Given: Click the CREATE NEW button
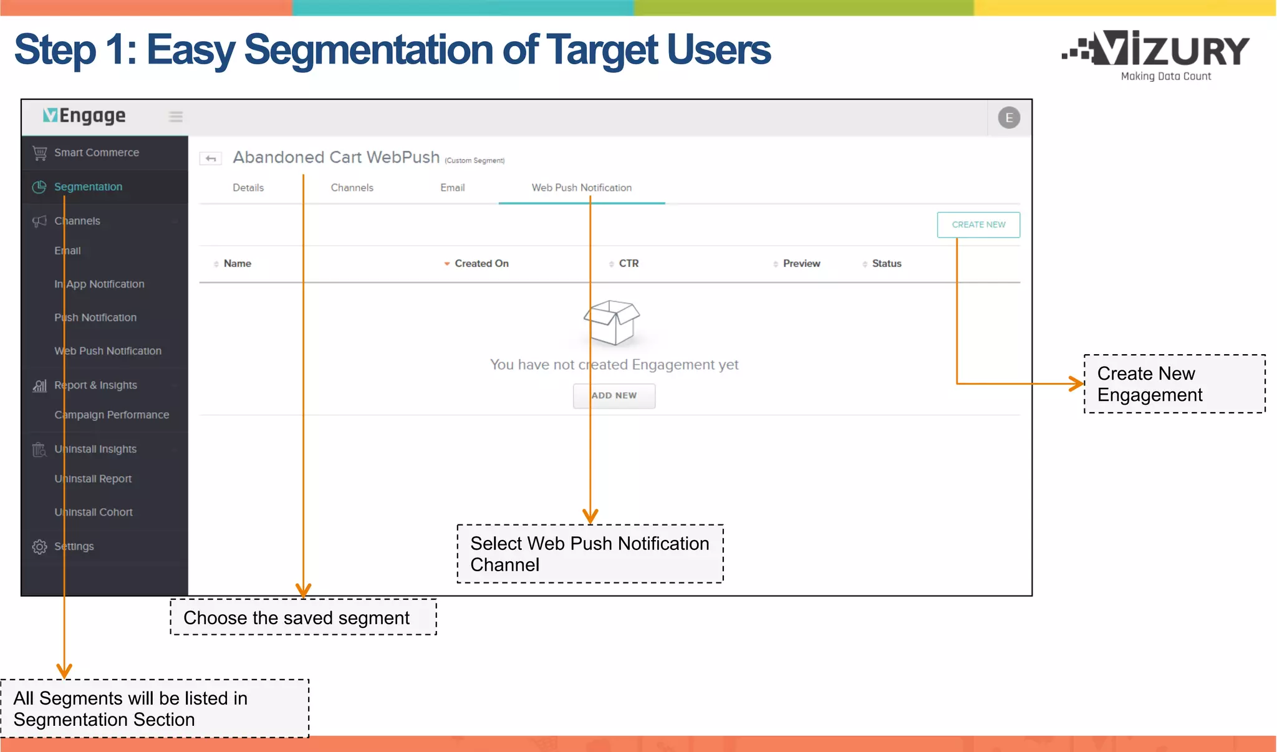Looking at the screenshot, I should [x=978, y=224].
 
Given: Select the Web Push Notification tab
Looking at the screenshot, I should [x=581, y=188].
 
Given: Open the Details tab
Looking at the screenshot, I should [x=248, y=188].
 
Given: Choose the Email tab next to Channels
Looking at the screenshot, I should [x=452, y=188].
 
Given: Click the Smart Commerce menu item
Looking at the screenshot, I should [x=96, y=153].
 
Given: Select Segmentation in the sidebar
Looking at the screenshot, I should [x=88, y=187].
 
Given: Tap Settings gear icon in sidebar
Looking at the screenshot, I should [x=40, y=547].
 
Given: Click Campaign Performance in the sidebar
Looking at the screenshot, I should [x=112, y=415].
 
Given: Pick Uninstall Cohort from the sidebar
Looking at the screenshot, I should [x=94, y=513].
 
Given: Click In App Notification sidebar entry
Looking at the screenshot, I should [x=99, y=284].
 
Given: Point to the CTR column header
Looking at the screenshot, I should [x=628, y=264].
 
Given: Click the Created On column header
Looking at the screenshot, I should [x=481, y=264].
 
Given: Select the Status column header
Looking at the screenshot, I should [x=886, y=264].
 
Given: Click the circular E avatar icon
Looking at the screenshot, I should [x=1008, y=118].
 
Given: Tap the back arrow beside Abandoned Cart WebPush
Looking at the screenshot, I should [x=211, y=159].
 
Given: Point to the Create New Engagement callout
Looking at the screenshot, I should [x=1174, y=384].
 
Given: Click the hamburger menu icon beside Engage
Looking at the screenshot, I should [x=176, y=117].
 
